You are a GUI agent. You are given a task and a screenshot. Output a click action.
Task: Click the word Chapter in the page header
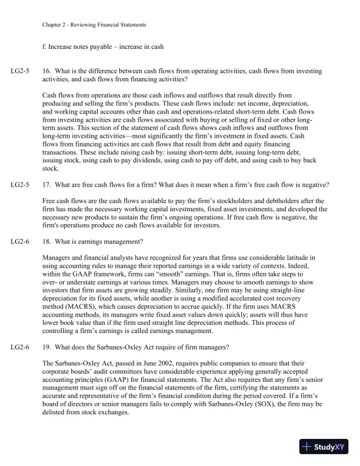52,25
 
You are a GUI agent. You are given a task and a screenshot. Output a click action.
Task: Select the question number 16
47,71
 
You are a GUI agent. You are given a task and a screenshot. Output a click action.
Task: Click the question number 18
47,242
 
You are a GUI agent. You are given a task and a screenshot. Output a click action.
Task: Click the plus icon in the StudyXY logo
307,447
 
